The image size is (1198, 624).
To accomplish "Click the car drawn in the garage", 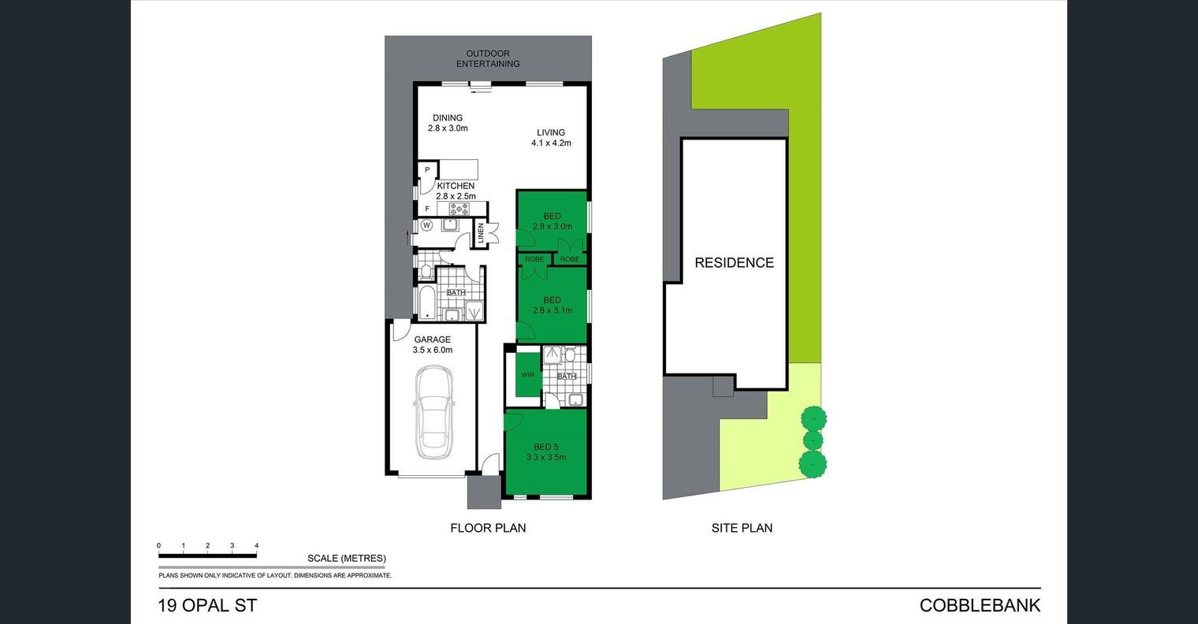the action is pos(433,412).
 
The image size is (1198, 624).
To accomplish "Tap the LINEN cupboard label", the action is pos(480,234).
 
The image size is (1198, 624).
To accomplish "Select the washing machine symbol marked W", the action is pos(426,225).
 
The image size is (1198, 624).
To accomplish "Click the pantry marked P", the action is pos(427,169).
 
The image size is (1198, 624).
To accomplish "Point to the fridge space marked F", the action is pos(427,209).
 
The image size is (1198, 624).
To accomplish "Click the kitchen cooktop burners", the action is pos(459,209).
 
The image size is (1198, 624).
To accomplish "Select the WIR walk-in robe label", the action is pos(528,375).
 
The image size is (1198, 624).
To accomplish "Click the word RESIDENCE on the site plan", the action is pos(734,262).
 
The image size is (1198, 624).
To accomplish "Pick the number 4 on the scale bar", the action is pos(257,545).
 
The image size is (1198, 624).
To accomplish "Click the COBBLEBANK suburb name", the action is pos(980,605).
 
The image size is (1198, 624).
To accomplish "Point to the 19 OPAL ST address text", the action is pos(207,605).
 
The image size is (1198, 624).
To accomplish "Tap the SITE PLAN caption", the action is pos(742,529).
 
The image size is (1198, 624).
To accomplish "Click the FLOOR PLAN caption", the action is pos(488,529).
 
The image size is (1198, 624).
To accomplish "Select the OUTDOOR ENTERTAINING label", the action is pos(488,58).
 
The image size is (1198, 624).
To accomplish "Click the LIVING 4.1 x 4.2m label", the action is pos(551,137).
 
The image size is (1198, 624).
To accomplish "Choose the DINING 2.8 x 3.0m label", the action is pos(448,123).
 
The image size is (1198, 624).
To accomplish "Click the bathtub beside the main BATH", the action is pos(426,303).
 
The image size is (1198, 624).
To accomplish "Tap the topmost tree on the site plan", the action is pos(813,418).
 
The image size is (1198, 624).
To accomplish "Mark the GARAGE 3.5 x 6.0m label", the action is pos(433,345).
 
